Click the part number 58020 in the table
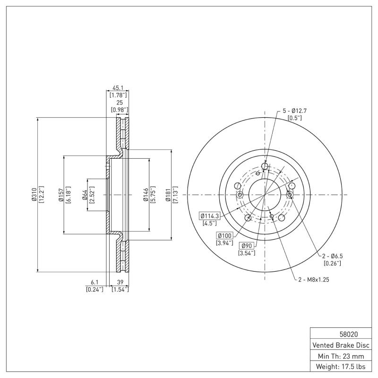click(x=341, y=334)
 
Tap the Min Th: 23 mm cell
click(x=341, y=355)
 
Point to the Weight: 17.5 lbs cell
click(x=341, y=366)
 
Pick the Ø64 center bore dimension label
click(x=85, y=195)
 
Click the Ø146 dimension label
click(x=146, y=195)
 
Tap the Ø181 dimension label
click(x=169, y=195)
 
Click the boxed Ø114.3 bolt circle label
click(x=210, y=216)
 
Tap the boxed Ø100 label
click(x=225, y=235)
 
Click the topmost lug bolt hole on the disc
click(x=265, y=166)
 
